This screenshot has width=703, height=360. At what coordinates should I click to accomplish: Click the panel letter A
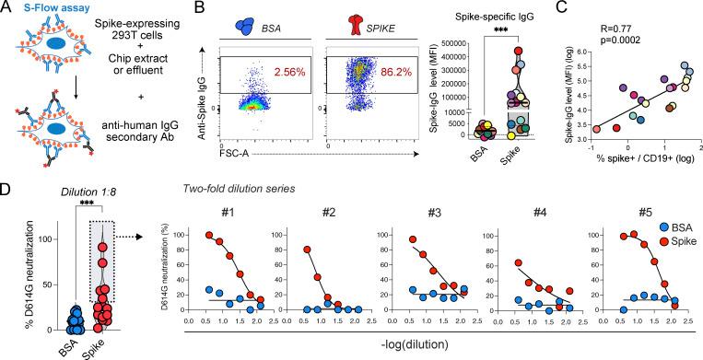(6, 8)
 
